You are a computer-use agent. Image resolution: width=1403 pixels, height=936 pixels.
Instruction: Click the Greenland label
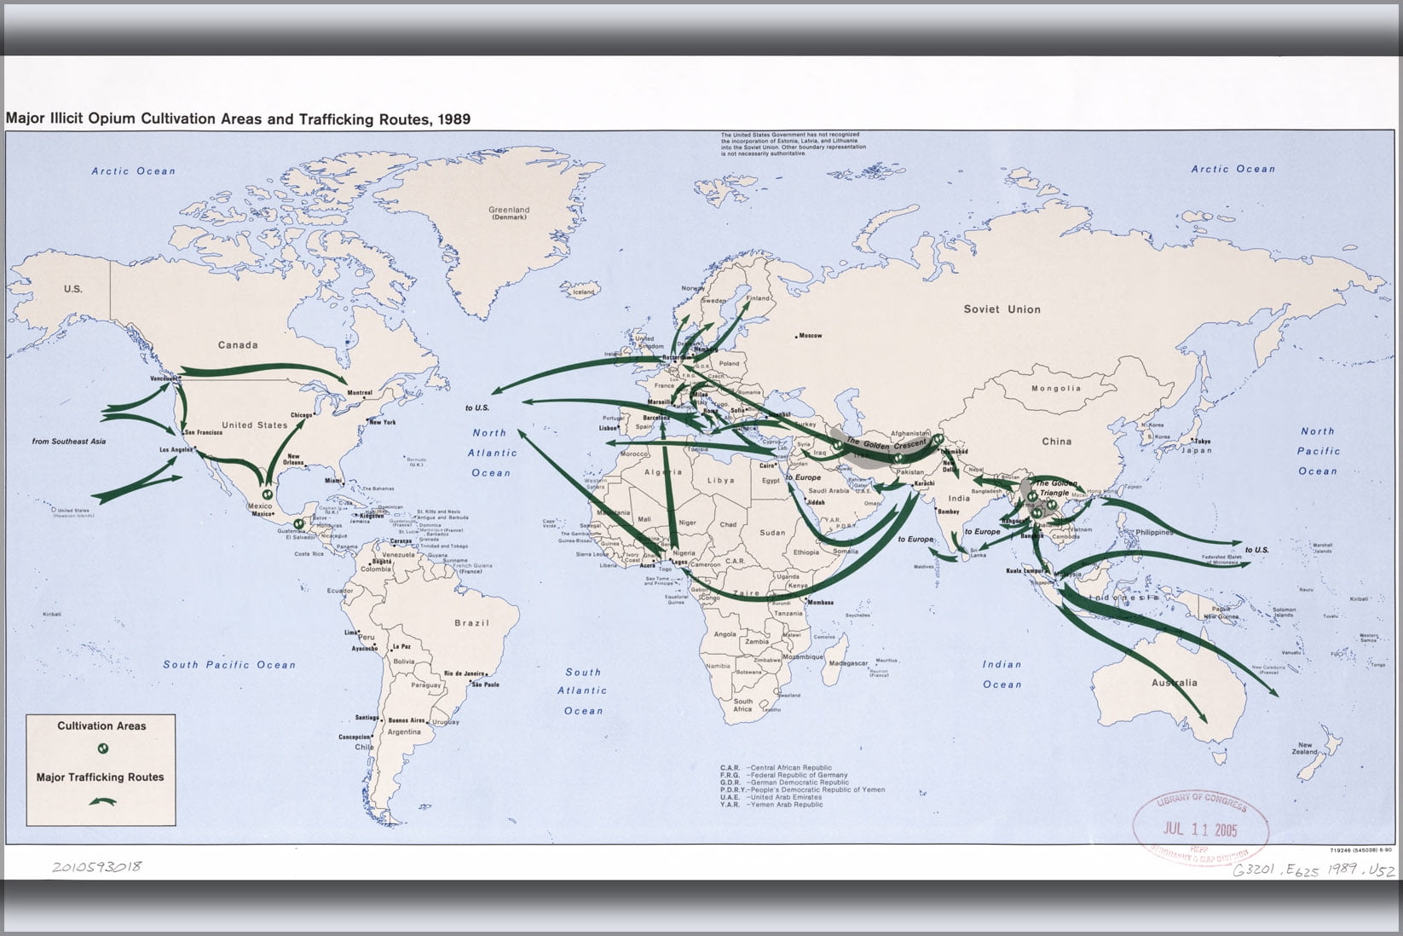pos(509,210)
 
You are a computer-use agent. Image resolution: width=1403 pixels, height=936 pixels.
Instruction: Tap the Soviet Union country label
pos(1002,309)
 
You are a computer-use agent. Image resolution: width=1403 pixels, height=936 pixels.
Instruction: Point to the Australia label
pos(1174,682)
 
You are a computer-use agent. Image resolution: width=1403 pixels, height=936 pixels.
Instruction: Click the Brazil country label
pos(471,623)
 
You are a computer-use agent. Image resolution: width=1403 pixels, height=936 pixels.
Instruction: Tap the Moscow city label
pos(810,336)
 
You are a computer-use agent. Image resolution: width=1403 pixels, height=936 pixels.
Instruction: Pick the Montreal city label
pos(360,393)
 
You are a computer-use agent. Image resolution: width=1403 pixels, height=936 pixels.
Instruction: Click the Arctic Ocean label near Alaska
pos(134,171)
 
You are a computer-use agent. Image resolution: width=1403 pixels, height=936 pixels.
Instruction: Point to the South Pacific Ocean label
pos(229,665)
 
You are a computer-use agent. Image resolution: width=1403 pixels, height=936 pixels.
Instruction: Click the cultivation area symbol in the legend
pos(102,748)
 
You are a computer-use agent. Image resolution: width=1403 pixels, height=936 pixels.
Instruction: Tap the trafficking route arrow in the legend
pos(103,801)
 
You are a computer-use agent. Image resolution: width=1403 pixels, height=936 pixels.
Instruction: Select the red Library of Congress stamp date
pos(1201,829)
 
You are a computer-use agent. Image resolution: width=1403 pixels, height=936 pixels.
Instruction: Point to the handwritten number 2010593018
pos(96,867)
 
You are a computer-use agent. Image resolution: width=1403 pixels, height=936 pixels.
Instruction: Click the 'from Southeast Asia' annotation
pos(69,441)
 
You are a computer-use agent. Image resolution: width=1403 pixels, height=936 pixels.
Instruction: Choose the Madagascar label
pos(850,663)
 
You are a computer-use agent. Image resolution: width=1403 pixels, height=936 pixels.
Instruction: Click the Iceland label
pos(583,292)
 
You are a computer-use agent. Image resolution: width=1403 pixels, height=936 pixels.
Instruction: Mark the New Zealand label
pos(1305,748)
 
